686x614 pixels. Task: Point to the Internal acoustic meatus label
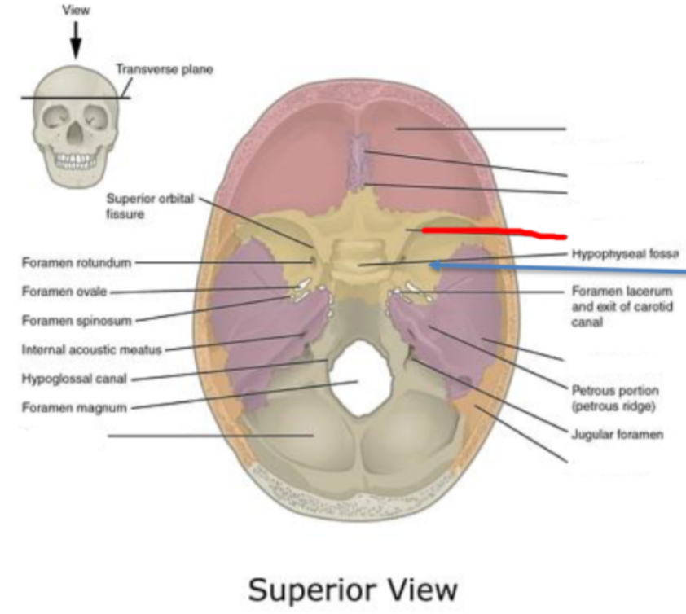click(92, 350)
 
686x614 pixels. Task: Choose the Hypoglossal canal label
click(74, 379)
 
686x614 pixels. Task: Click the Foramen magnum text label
click(74, 407)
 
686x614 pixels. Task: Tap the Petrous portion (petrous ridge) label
click(615, 397)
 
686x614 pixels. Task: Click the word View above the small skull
click(76, 11)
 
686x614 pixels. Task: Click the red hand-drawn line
click(492, 234)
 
